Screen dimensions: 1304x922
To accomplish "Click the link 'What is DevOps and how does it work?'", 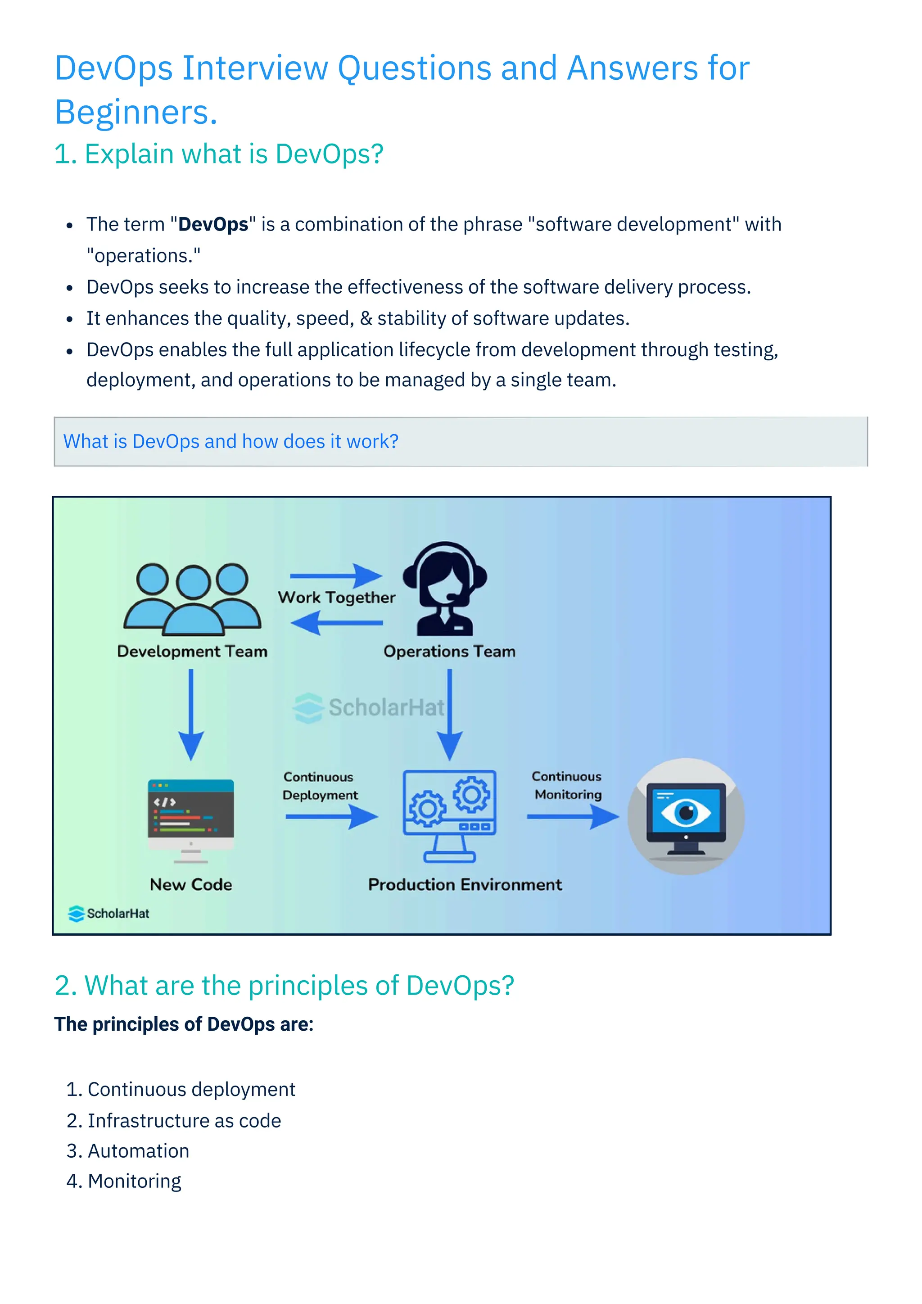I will (x=230, y=441).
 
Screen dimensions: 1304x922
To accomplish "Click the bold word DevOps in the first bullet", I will (x=213, y=224).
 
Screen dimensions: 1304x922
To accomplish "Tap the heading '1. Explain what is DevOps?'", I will (x=219, y=154).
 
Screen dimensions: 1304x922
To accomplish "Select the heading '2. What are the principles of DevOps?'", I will (x=284, y=985).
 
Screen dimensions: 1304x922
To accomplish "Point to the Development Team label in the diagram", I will (x=192, y=652).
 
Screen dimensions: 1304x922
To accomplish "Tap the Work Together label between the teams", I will (x=336, y=598).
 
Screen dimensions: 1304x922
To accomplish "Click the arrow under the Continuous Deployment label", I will (x=331, y=817).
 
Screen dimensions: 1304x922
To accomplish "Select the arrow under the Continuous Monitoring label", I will (x=572, y=817).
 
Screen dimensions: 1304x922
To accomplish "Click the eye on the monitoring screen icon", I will (x=687, y=812).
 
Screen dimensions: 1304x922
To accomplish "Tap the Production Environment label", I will (x=465, y=885).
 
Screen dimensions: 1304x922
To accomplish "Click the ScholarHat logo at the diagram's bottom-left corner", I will (x=108, y=913).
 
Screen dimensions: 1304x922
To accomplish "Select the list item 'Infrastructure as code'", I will (x=184, y=1121).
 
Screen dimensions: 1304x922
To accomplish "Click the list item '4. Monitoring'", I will (x=124, y=1182).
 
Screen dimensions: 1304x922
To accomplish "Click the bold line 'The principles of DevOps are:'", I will (x=184, y=1024).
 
